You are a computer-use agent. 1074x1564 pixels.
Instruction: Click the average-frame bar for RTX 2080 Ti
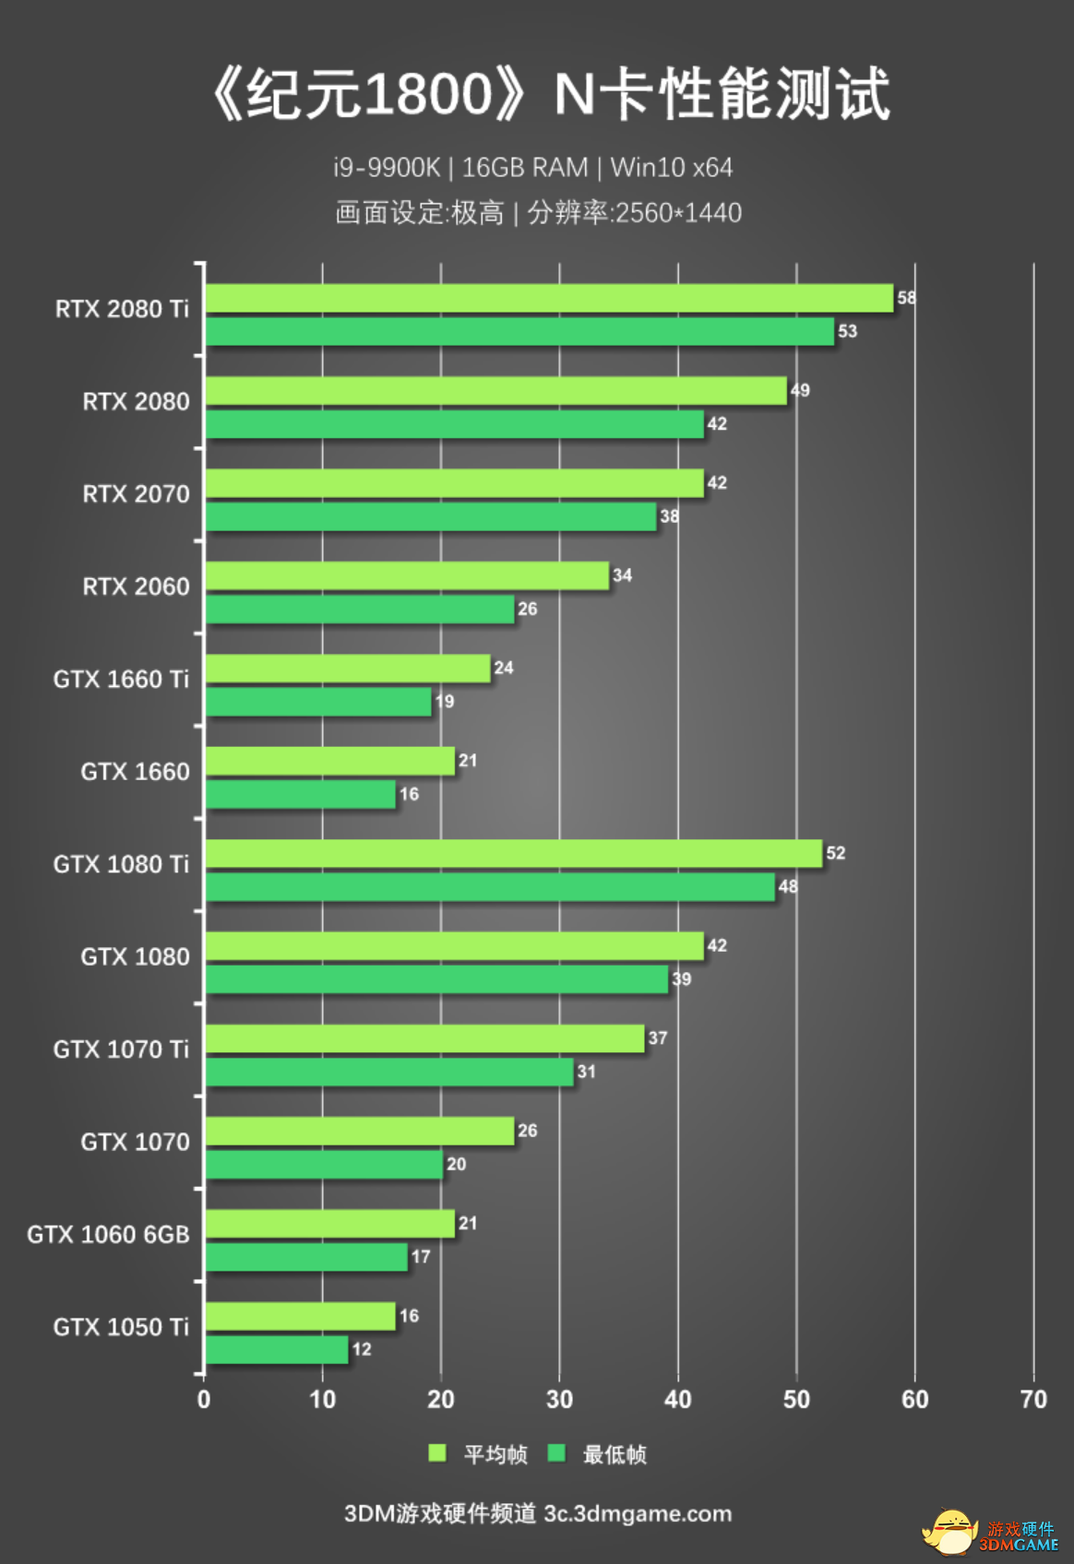coord(549,298)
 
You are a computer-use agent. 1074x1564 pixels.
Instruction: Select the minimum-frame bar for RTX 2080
coord(454,424)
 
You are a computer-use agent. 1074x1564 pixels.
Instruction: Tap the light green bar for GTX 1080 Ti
coord(513,853)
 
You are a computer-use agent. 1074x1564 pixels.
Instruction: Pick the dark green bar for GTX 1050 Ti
coord(277,1349)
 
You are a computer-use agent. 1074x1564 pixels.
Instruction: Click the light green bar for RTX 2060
coord(407,575)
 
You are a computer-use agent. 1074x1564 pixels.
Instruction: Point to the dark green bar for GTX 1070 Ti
coord(389,1072)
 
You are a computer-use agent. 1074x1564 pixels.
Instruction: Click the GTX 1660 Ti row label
coord(121,680)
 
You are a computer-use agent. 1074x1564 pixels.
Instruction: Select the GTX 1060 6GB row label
coord(108,1235)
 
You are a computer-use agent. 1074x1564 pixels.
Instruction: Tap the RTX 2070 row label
coord(136,494)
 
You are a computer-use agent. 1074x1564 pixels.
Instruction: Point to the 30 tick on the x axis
coord(559,1400)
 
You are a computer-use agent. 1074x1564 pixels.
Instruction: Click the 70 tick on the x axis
coord(1033,1400)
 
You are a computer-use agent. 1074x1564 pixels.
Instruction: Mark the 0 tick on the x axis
coord(204,1400)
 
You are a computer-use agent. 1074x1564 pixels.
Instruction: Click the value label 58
coord(906,298)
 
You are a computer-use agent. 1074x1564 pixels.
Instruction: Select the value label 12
coord(362,1349)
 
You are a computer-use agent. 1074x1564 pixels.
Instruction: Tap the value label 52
coord(835,853)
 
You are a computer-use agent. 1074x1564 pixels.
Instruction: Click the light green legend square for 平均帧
coord(437,1453)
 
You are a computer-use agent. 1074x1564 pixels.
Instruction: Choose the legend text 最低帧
coord(615,1454)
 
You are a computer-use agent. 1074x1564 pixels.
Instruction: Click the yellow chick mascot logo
coord(950,1532)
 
